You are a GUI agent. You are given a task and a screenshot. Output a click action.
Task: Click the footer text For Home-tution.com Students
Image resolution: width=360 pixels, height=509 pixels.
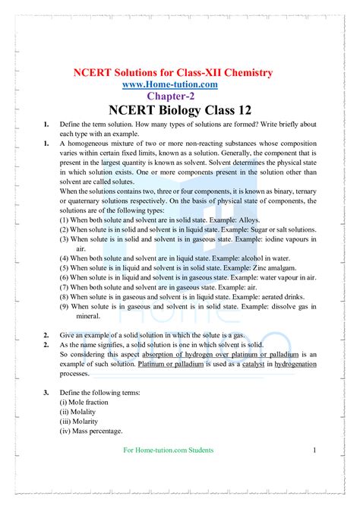point(168,451)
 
